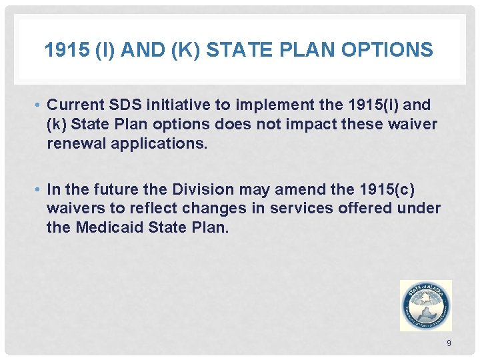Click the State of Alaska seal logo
[x=425, y=305]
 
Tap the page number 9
[x=449, y=343]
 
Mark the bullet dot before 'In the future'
[x=41, y=190]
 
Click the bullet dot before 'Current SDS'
[x=41, y=105]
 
